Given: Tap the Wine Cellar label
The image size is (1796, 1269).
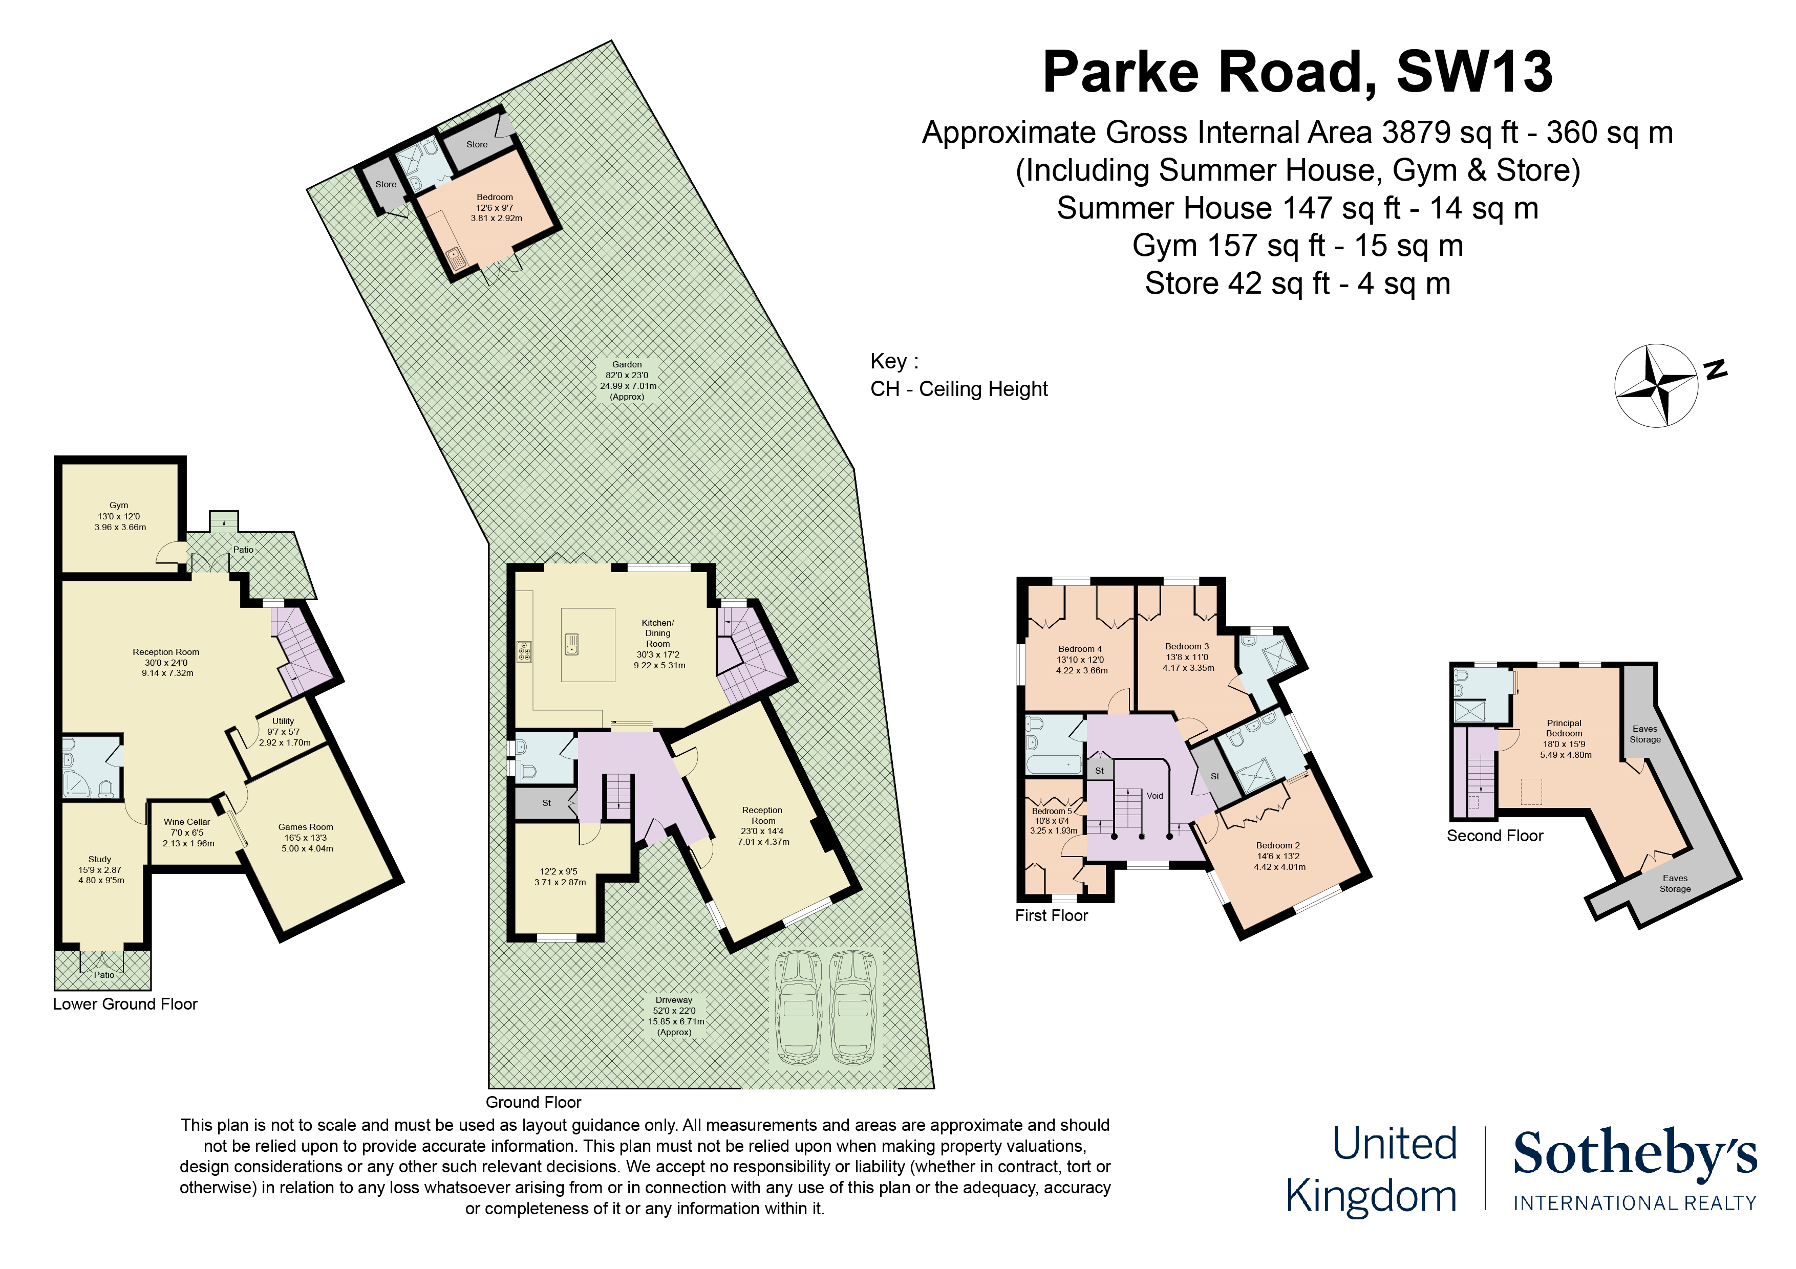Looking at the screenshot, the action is (187, 822).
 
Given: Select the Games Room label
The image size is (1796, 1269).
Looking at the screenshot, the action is (306, 827).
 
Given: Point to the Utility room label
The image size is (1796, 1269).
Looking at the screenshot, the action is (283, 721).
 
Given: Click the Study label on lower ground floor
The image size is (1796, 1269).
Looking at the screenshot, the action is (100, 859).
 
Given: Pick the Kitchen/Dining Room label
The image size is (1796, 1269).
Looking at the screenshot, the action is (658, 633).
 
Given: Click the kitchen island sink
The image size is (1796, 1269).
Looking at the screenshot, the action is (572, 644).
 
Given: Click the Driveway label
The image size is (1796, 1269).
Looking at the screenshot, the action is (674, 1000).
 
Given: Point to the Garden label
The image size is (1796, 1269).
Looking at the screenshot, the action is (627, 364).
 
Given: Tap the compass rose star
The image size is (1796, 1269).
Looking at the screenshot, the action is (1656, 386).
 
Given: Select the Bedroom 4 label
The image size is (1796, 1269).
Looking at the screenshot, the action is (1080, 649).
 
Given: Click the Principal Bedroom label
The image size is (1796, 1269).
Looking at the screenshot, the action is (1565, 729).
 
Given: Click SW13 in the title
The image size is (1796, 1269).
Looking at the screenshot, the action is (1474, 72).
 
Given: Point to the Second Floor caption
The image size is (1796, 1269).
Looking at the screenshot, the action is (1495, 836).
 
